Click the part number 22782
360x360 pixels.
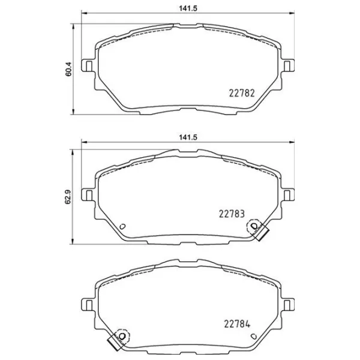[x=242, y=93]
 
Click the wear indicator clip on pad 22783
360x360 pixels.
[x=260, y=230]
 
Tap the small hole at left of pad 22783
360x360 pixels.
[x=122, y=227]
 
